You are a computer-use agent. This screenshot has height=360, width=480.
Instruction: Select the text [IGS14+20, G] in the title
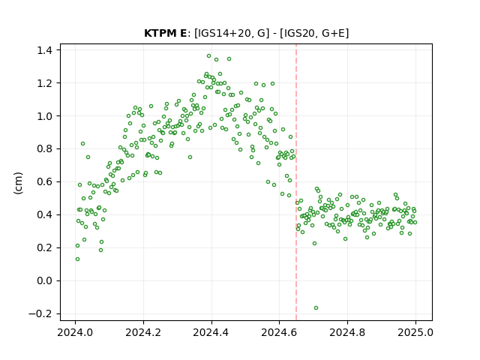click(232, 33)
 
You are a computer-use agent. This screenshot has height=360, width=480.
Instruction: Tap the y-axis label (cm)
click(18, 182)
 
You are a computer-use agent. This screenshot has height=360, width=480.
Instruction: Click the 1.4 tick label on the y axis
click(45, 50)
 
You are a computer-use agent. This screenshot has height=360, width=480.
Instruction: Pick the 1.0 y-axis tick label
click(45, 116)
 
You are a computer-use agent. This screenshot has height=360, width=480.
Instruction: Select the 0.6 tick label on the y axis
click(45, 181)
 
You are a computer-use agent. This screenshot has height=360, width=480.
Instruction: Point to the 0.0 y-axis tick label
click(45, 280)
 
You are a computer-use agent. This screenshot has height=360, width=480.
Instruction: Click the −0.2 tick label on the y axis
click(41, 313)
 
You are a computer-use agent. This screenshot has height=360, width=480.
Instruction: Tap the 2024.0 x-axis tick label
click(75, 332)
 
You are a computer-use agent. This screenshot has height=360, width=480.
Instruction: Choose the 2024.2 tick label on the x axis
click(143, 332)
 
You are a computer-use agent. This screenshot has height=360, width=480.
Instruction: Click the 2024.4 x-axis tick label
click(211, 332)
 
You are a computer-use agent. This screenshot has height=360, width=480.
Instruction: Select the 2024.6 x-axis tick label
click(279, 332)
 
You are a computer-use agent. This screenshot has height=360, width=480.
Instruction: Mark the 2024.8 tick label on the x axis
click(347, 332)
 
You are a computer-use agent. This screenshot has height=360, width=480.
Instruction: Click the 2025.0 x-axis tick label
click(415, 332)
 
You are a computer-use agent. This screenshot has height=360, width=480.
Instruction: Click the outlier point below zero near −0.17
click(316, 308)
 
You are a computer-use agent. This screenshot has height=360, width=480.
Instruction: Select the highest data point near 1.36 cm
click(208, 56)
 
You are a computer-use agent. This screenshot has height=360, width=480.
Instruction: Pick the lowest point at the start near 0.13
click(77, 259)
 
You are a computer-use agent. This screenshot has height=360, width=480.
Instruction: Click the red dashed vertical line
click(296, 182)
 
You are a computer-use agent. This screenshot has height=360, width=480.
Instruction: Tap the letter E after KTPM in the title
click(183, 33)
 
